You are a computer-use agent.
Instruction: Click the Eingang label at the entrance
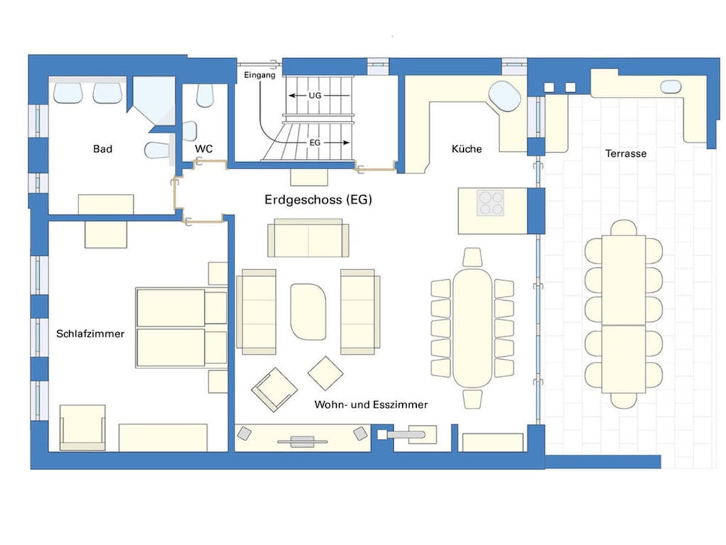click(x=260, y=75)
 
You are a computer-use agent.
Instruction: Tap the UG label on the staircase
click(x=315, y=95)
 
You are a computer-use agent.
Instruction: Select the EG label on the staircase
click(x=315, y=142)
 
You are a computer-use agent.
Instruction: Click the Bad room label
click(x=102, y=149)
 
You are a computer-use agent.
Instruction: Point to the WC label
click(x=204, y=149)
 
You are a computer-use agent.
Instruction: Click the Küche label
click(x=467, y=149)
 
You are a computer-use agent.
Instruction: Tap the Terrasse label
click(x=626, y=153)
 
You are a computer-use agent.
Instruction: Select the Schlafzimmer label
click(x=90, y=334)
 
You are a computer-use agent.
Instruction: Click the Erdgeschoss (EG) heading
click(x=318, y=200)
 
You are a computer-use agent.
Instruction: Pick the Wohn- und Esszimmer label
click(x=371, y=405)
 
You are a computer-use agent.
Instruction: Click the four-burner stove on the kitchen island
click(x=491, y=203)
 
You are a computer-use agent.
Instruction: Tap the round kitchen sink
click(x=505, y=97)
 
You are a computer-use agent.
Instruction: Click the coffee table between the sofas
click(x=308, y=312)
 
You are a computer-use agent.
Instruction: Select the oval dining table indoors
click(x=473, y=328)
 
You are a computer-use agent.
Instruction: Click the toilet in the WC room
click(x=205, y=95)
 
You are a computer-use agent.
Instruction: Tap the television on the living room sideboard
click(x=302, y=441)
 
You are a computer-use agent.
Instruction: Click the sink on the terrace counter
click(x=670, y=86)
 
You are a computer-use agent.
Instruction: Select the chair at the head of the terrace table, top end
click(x=624, y=228)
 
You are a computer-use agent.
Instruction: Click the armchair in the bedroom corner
click(x=83, y=428)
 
